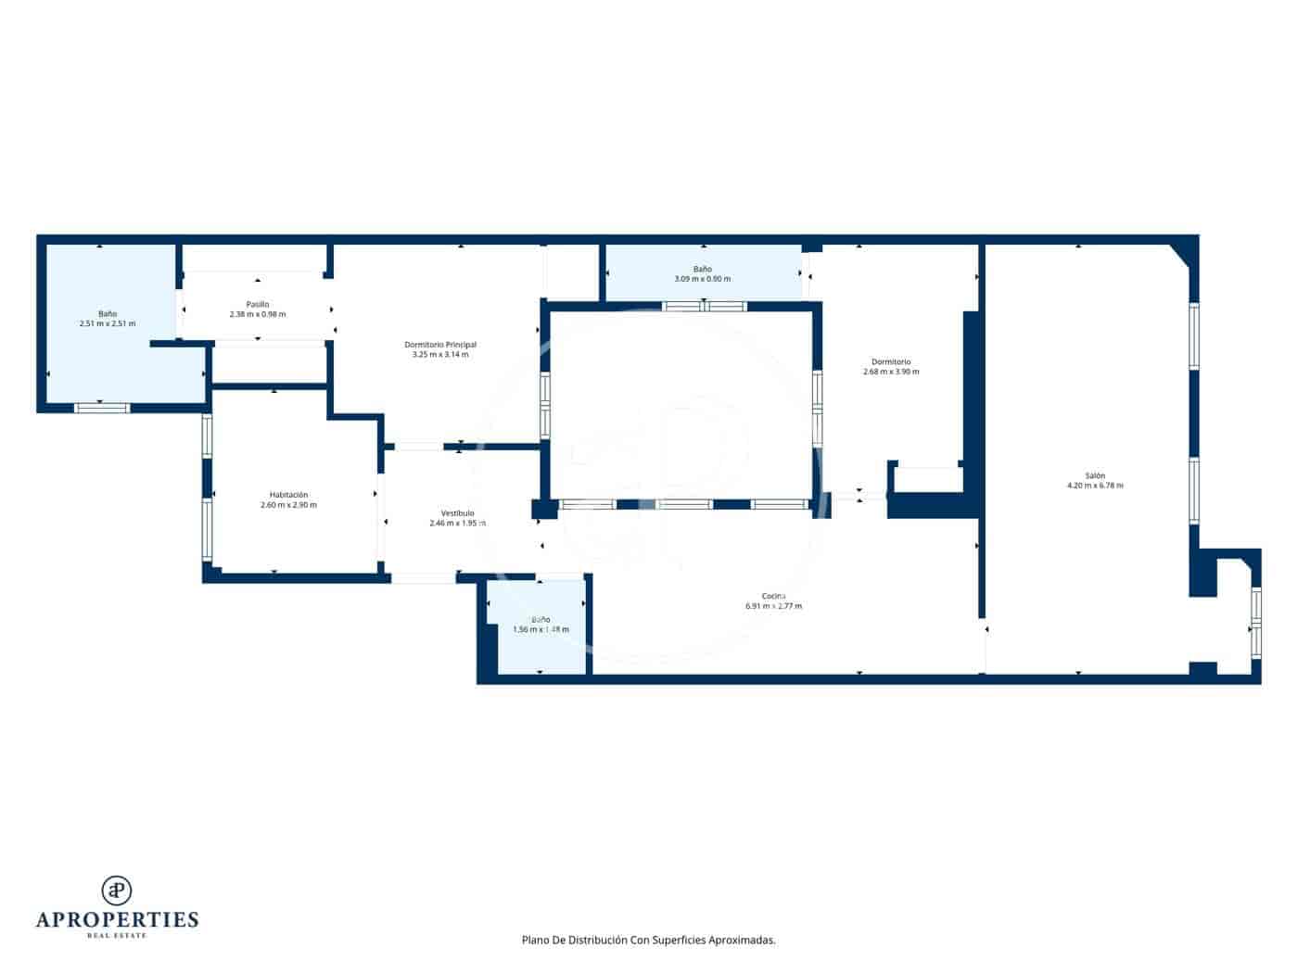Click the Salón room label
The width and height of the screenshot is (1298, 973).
(x=1094, y=475)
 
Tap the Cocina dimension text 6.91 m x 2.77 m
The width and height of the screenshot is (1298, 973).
(x=773, y=606)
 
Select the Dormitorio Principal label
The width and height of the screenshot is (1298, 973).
(x=440, y=345)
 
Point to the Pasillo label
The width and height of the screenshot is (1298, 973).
(x=258, y=304)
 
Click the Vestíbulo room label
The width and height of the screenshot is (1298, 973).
(x=457, y=513)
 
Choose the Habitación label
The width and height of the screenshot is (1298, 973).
(x=288, y=495)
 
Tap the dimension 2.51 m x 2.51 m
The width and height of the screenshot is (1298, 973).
(x=108, y=323)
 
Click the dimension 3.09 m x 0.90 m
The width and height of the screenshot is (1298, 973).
(x=702, y=279)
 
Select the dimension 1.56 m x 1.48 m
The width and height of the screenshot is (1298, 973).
(x=541, y=629)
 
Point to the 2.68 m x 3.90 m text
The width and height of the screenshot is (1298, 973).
(x=890, y=372)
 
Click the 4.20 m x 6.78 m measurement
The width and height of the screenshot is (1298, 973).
(x=1094, y=486)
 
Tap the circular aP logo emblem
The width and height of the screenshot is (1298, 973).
(x=117, y=890)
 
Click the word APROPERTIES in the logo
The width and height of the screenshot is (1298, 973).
(x=117, y=920)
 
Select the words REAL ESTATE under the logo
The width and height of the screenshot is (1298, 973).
(x=117, y=936)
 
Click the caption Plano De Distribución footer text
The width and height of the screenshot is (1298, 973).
(x=648, y=940)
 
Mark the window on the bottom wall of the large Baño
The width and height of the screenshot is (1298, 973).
(x=102, y=407)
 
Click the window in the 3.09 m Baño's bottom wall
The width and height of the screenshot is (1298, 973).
(x=705, y=306)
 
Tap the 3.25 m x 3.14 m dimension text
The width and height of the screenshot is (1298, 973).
(x=440, y=354)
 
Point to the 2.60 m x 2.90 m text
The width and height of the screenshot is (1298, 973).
(x=288, y=505)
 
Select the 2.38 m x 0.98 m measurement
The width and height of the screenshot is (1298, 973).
(x=258, y=314)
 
